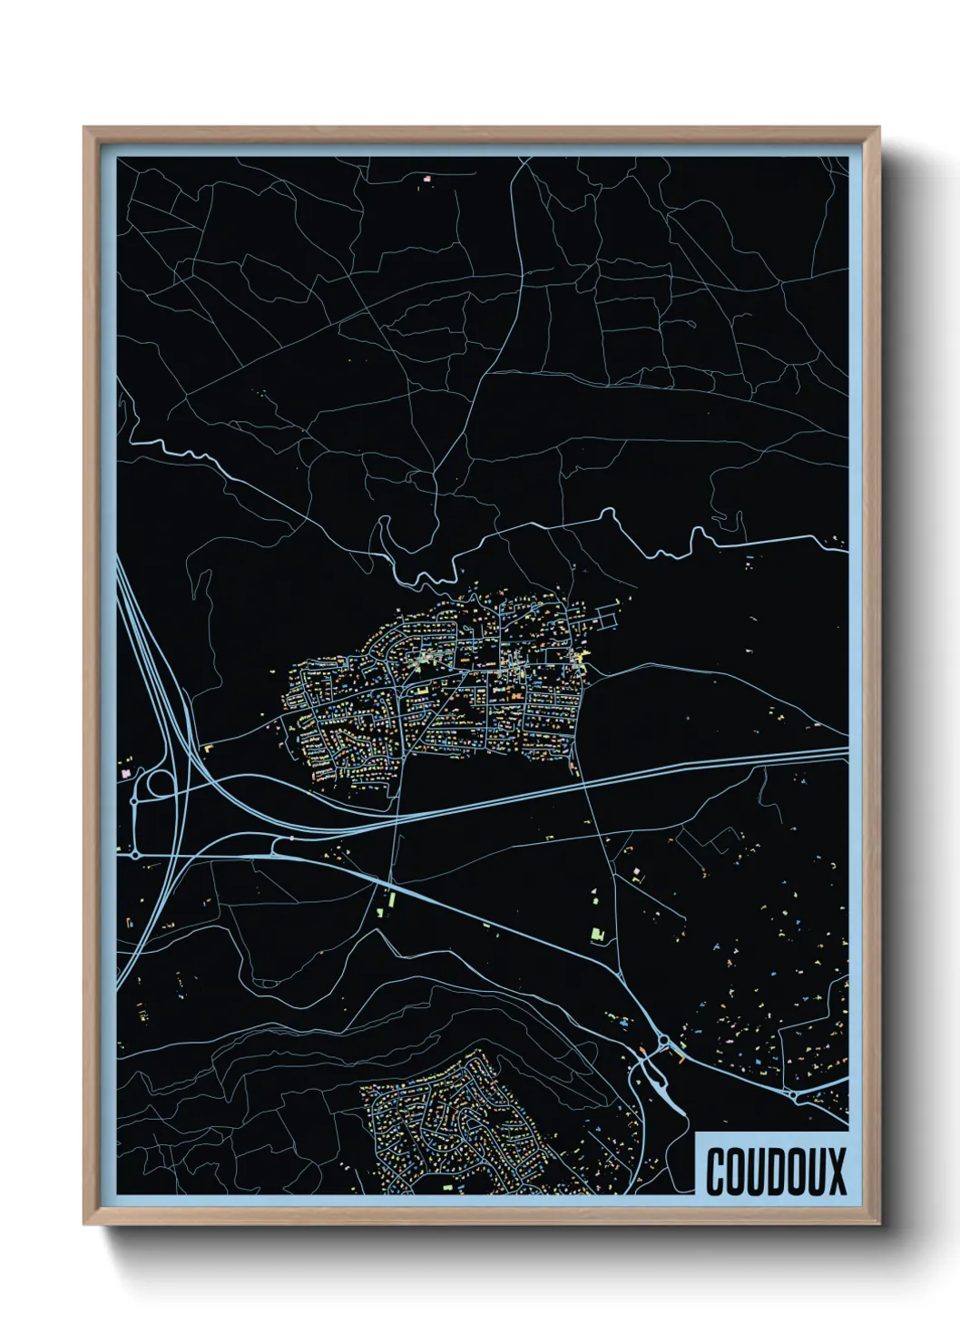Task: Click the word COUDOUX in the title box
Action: [776, 1171]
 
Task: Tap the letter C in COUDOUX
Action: [715, 1171]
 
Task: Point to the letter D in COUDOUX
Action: [766, 1171]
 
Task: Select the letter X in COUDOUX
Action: [837, 1171]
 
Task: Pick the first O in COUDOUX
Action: [733, 1171]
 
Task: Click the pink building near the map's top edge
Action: [426, 179]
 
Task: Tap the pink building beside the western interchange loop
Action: [126, 771]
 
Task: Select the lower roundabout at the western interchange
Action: [135, 854]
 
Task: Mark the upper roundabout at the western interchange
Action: [134, 801]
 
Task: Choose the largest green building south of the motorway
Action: [597, 934]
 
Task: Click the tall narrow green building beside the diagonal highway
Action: [392, 901]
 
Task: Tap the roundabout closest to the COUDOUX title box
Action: [795, 1096]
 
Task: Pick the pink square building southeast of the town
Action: [636, 872]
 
